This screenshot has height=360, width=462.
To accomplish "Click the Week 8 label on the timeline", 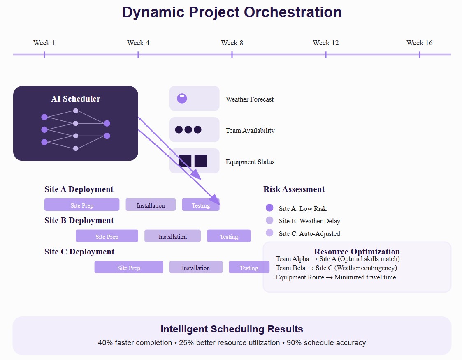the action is (x=232, y=43).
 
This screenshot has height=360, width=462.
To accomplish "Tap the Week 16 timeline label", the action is (x=419, y=43).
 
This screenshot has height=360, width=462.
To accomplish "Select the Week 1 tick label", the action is (x=44, y=43).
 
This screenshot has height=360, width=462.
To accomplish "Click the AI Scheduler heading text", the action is (x=76, y=99).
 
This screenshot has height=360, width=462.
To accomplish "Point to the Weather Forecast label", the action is (x=250, y=99).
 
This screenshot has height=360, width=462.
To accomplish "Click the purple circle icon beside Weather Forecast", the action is (x=182, y=98).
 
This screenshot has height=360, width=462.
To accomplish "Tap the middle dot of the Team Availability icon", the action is (x=188, y=129).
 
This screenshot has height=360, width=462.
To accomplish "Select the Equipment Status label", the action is (x=250, y=162).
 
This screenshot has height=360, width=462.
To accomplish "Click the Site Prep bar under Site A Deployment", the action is (x=82, y=205).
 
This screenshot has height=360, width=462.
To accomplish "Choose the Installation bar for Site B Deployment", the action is (x=172, y=236).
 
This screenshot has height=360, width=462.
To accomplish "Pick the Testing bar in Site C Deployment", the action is (x=249, y=267).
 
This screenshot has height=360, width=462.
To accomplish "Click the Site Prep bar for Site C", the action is (x=129, y=267).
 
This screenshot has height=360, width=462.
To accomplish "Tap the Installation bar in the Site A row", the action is (x=151, y=205).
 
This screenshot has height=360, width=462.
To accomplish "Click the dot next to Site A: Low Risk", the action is (x=269, y=208).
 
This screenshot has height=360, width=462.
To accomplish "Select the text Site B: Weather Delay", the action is (x=309, y=221).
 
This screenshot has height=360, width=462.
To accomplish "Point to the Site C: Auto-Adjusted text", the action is (x=309, y=234).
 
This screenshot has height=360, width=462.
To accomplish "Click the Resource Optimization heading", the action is (x=357, y=252).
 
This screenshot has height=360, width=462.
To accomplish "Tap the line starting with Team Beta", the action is (x=336, y=268).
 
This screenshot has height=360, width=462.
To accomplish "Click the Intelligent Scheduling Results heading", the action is (x=232, y=329).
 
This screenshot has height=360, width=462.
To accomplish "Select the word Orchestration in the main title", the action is (x=293, y=12).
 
